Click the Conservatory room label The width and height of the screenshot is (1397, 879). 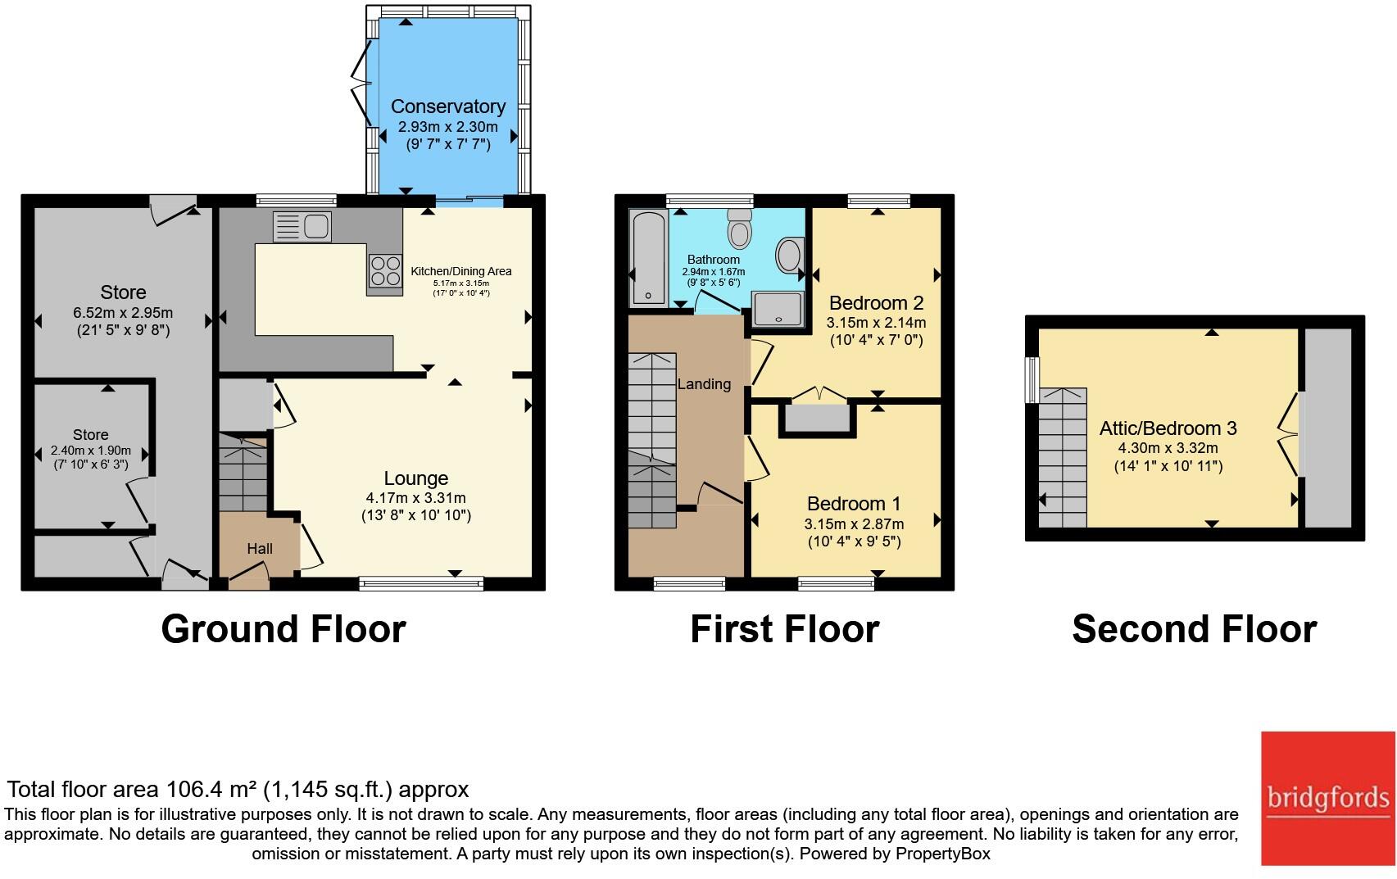coord(448,106)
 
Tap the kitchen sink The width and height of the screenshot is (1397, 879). coord(302,226)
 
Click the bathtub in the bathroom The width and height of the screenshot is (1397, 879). coord(649,258)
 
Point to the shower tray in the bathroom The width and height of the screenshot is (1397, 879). coord(777,309)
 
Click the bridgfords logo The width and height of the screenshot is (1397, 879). coord(1327,798)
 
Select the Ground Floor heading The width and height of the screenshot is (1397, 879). coord(283,629)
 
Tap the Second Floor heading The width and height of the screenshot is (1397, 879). coord(1195,629)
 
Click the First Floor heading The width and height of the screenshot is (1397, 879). coord(785,629)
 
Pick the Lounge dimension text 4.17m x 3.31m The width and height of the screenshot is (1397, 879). coord(416,498)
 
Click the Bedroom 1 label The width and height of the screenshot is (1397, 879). coord(854,503)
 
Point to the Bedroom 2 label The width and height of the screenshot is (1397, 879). coord(876,303)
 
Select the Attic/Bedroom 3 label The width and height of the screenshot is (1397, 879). coord(1168,428)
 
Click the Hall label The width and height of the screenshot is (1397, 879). coord(260,549)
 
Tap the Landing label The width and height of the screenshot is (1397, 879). coord(704,384)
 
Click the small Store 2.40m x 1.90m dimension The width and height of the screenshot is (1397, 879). coord(91,451)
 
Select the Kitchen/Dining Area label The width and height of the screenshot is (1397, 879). coord(460,271)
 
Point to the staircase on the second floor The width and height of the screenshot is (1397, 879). coord(1063,458)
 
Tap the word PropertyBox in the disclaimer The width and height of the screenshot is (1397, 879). coord(942,854)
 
